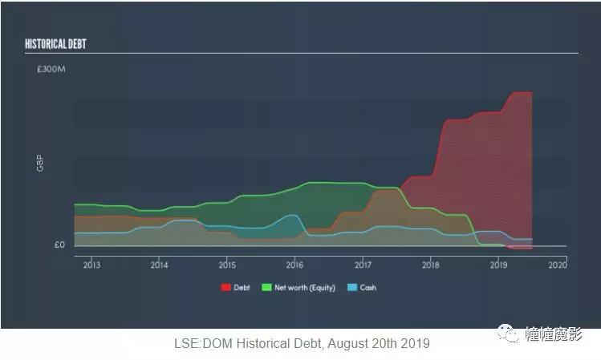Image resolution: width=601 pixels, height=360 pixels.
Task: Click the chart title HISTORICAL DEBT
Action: (x=55, y=42)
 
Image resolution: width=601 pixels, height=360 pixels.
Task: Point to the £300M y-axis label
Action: (x=50, y=71)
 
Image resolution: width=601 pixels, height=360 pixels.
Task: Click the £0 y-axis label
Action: (x=59, y=245)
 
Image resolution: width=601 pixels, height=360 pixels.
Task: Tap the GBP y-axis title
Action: (x=39, y=165)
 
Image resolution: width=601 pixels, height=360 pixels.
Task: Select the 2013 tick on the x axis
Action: (x=91, y=265)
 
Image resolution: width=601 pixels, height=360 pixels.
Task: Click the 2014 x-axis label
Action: (x=159, y=265)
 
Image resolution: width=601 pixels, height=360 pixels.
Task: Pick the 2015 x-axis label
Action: (x=227, y=265)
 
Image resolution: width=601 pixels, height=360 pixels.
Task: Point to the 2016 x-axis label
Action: (x=294, y=265)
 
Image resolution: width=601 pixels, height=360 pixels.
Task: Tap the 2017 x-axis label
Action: (x=363, y=265)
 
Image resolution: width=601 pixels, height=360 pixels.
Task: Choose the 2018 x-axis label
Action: (x=431, y=265)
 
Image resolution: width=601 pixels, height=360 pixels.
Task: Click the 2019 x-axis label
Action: (x=498, y=265)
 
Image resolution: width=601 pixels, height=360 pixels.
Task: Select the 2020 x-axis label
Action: (x=558, y=265)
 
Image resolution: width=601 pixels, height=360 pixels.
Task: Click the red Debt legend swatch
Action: (x=225, y=287)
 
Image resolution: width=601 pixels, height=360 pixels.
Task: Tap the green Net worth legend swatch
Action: (x=266, y=287)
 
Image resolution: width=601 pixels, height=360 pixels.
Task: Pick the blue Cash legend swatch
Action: (x=352, y=287)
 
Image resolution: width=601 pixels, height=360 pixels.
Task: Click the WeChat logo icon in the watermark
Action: (x=506, y=334)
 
